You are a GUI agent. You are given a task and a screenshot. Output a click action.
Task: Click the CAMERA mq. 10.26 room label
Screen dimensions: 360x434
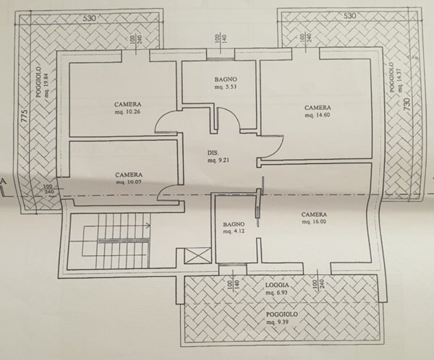pos(127,108)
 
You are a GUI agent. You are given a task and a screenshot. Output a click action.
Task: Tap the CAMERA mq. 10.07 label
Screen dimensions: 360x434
pos(128,179)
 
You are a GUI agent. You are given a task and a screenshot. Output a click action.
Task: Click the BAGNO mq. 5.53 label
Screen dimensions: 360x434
pos(225,82)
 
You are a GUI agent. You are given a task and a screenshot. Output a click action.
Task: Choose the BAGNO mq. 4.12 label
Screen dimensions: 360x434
pos(234,228)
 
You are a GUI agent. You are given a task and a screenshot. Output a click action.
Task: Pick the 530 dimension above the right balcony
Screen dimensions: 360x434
pos(349,15)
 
